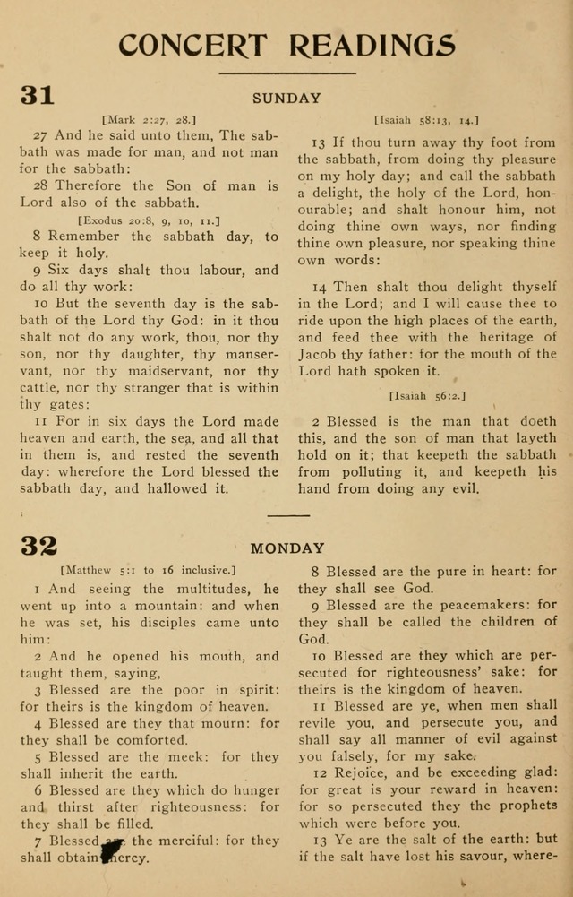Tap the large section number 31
pyautogui.click(x=38, y=96)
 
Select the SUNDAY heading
pyautogui.click(x=286, y=99)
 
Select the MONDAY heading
pyautogui.click(x=286, y=548)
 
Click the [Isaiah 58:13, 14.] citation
pyautogui.click(x=426, y=118)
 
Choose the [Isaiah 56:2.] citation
pyautogui.click(x=427, y=395)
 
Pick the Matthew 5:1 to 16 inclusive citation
pyautogui.click(x=148, y=569)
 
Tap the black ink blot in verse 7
pyautogui.click(x=111, y=847)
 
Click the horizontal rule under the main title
pyautogui.click(x=286, y=73)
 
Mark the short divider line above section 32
pyautogui.click(x=287, y=515)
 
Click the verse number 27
pyautogui.click(x=40, y=135)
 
